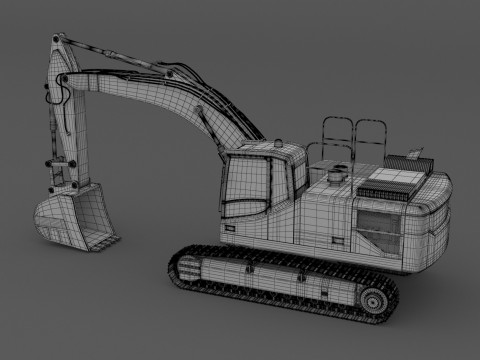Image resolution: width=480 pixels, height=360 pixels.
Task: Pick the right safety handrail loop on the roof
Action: click(372, 135)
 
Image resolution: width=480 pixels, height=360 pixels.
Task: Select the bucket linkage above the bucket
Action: click(68, 176)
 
